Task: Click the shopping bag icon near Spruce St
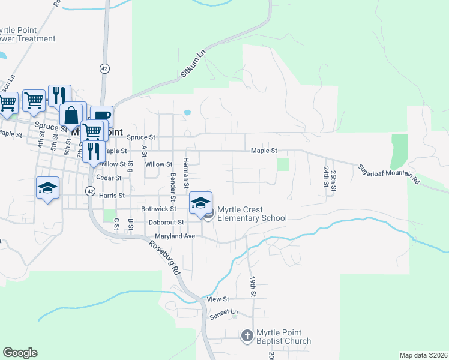(x=71, y=116)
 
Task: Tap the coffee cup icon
(x=101, y=116)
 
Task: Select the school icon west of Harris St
(x=47, y=188)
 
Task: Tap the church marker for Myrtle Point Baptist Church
(x=247, y=336)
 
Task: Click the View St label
(x=218, y=299)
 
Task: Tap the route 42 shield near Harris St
(x=89, y=190)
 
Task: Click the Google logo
(x=20, y=353)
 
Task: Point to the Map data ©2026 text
(x=423, y=355)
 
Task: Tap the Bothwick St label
(x=157, y=209)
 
